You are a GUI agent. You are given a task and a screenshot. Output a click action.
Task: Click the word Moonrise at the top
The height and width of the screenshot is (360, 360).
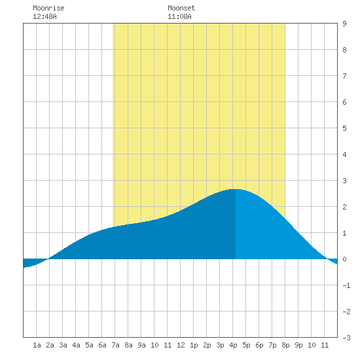point(48,8)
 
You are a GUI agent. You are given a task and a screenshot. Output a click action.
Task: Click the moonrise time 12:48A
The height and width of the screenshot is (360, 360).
point(45,16)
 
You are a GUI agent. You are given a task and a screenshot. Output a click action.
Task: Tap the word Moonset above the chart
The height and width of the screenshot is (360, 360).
point(181,8)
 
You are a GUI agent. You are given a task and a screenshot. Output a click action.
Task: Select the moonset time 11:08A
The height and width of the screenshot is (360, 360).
point(179,16)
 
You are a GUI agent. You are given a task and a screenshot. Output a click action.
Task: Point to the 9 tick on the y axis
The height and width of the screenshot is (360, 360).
point(344,24)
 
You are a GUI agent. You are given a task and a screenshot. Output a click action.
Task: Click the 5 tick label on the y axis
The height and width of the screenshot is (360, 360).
point(344,128)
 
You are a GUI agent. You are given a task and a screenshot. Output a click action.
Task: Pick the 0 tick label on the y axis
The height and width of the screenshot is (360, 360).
point(344,259)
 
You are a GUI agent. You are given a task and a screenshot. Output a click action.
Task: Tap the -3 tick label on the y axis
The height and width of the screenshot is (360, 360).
point(346,338)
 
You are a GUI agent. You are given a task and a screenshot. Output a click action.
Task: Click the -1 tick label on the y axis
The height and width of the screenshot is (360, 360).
point(346,285)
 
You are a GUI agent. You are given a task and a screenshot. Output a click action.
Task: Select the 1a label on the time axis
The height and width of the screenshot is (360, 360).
point(37,345)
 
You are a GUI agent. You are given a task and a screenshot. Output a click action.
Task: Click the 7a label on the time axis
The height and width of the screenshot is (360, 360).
point(115,345)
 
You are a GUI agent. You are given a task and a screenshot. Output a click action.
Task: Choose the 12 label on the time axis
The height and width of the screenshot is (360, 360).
point(181,345)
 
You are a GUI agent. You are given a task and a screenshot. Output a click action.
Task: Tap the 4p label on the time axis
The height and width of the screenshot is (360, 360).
point(233,345)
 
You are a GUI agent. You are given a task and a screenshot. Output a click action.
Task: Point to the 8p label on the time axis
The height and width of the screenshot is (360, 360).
point(285,345)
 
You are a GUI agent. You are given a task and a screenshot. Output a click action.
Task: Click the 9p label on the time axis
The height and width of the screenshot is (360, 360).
point(298,345)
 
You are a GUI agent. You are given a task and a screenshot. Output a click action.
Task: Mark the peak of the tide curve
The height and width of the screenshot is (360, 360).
point(236,189)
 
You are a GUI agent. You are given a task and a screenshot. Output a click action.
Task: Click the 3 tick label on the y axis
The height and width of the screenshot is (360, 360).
point(344,181)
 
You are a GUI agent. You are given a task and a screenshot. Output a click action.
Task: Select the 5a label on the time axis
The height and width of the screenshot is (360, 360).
point(89,345)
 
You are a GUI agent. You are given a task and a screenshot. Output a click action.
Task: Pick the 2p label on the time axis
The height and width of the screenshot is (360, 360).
point(207,345)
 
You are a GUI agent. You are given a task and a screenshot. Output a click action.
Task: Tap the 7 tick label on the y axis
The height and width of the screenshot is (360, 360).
point(344,76)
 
